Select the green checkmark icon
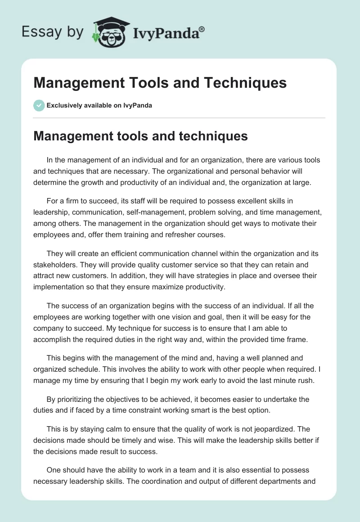(x=39, y=105)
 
